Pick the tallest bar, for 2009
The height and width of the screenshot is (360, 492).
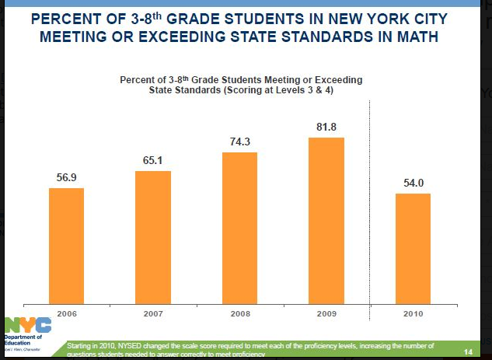[326, 218]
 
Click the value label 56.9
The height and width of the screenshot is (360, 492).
[66, 178]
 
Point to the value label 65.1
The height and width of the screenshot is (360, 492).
[153, 161]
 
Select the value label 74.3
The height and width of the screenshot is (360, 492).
[239, 142]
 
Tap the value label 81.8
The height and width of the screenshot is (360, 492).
[326, 127]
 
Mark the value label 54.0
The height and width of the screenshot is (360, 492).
[413, 183]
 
